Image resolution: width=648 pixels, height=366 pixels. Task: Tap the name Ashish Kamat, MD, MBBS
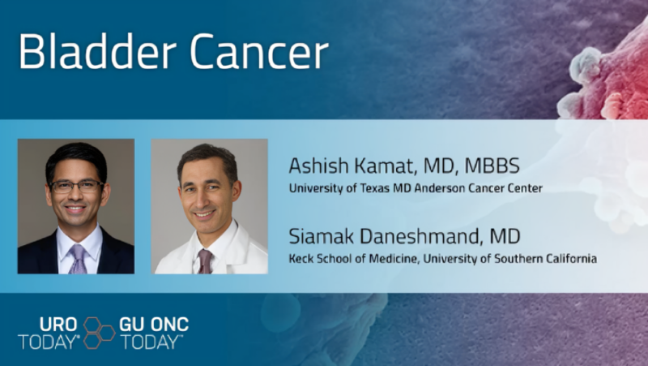[x=403, y=166]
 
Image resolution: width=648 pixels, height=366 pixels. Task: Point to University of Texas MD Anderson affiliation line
[x=415, y=188]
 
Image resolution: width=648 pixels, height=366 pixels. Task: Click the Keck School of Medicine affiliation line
[x=442, y=259]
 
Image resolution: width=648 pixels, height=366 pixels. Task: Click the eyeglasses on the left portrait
[x=76, y=186]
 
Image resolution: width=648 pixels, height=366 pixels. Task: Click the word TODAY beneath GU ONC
[x=151, y=342]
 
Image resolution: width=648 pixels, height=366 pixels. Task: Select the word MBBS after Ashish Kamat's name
[x=493, y=166]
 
